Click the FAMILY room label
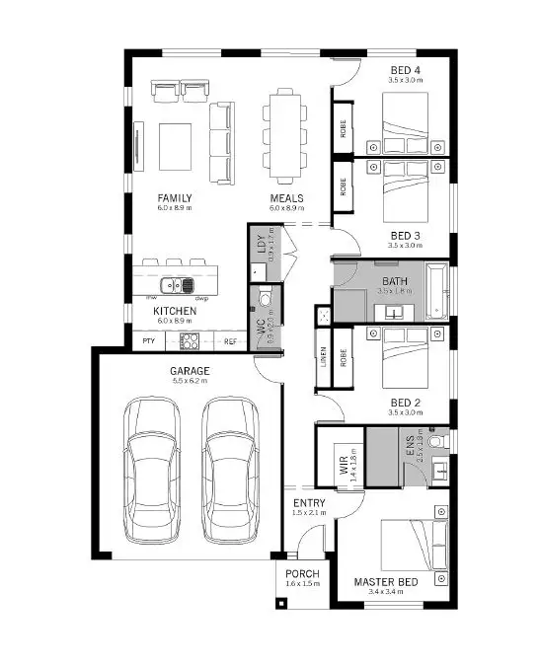point(174,198)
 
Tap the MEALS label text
point(287,198)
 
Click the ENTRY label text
point(309,503)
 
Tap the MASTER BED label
point(386,582)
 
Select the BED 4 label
point(405,69)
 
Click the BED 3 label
point(405,235)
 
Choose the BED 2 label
point(405,404)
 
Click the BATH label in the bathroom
point(394,281)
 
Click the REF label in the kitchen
point(230,341)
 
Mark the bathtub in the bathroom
point(435,291)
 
